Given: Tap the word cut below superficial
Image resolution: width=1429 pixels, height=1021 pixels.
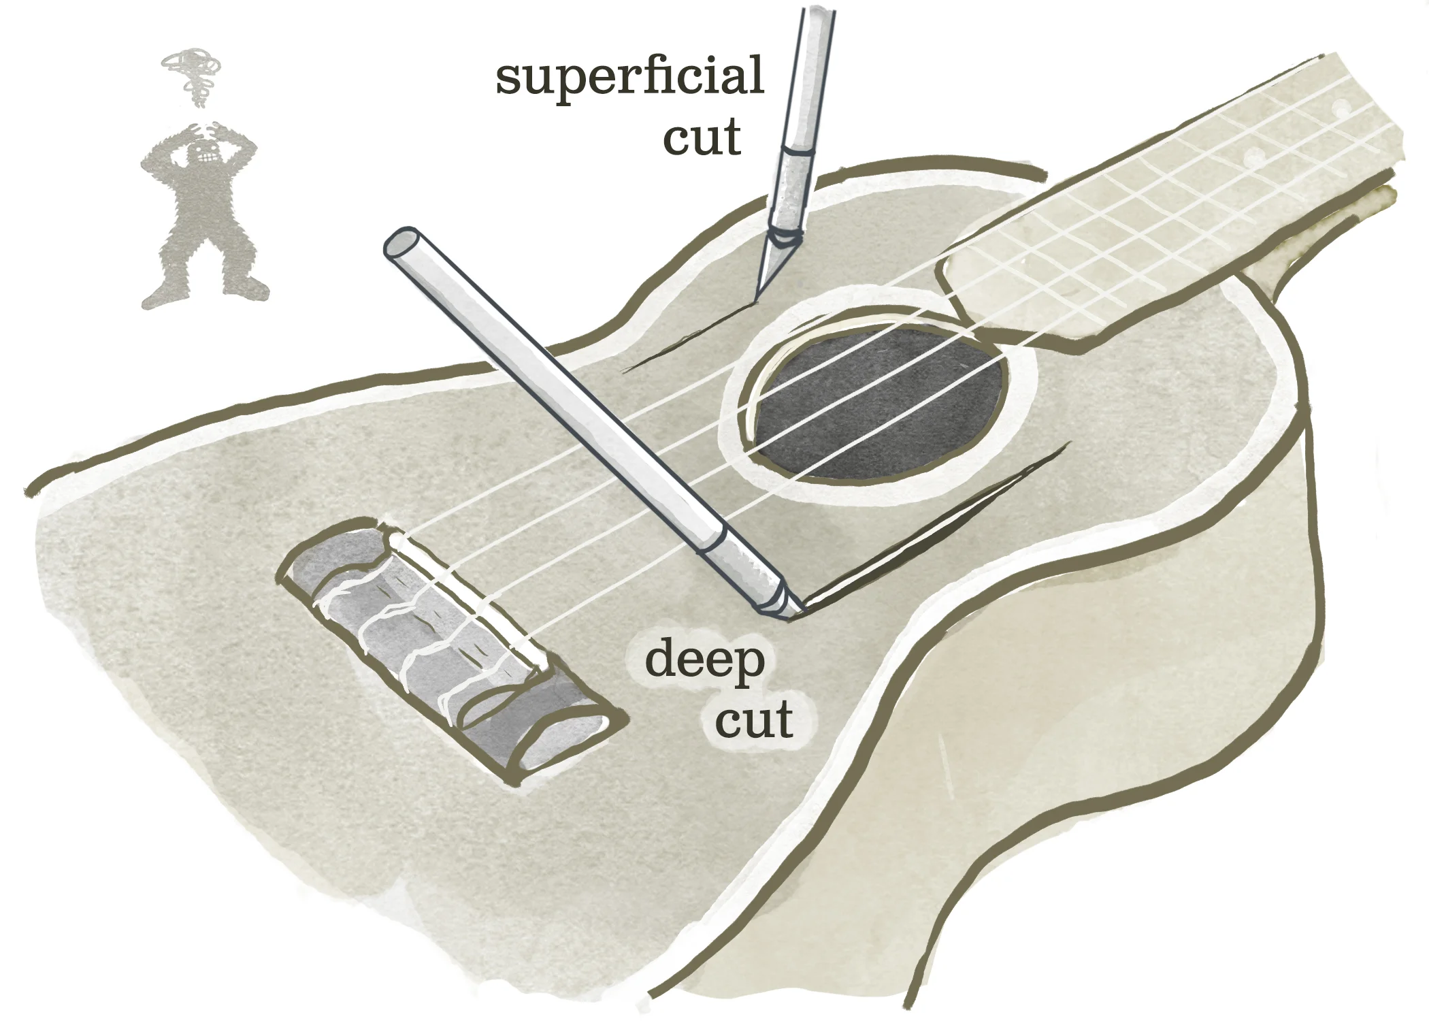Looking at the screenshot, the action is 701,138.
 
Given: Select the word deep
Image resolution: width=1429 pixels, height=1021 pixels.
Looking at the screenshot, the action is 704,660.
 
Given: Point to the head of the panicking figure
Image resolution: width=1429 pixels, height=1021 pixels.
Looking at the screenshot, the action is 202,151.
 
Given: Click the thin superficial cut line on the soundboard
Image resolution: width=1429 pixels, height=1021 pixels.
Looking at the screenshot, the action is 687,340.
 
